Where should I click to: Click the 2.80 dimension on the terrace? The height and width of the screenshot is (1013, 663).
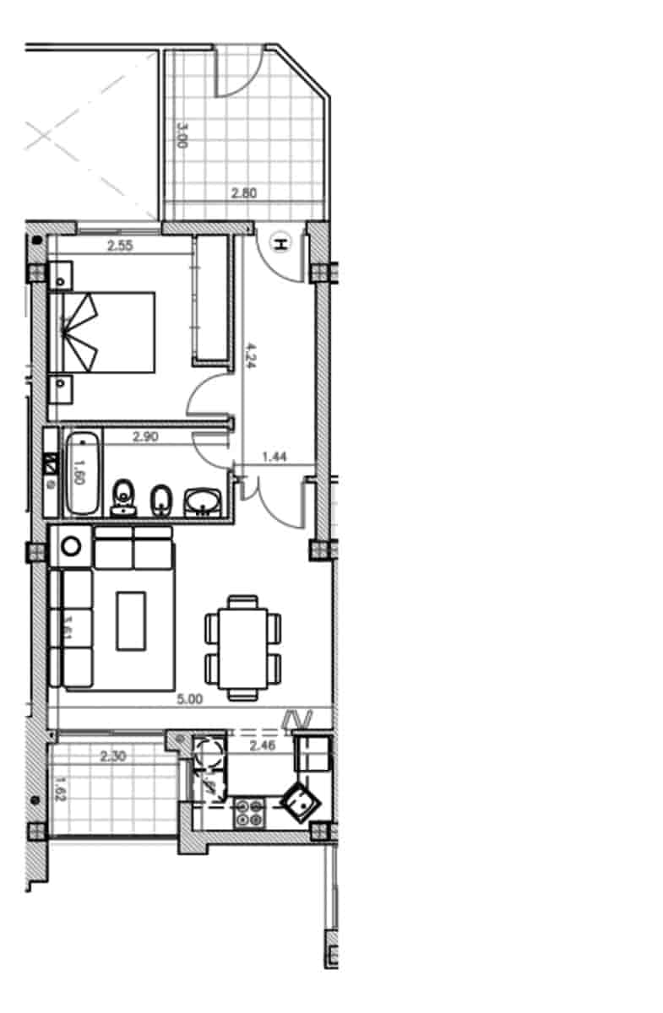pyautogui.click(x=243, y=192)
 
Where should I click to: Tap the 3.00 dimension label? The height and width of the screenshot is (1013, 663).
pyautogui.click(x=180, y=135)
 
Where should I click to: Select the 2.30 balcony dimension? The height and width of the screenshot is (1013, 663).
pyautogui.click(x=112, y=756)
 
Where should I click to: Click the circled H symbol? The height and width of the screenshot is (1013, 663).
pyautogui.click(x=280, y=245)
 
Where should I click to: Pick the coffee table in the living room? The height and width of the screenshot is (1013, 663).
pyautogui.click(x=131, y=620)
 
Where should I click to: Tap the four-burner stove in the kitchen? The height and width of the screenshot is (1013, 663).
pyautogui.click(x=250, y=812)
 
